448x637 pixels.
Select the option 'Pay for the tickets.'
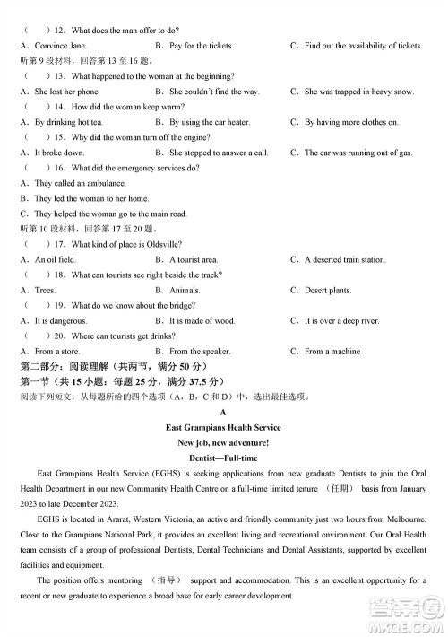pyautogui.click(x=201, y=45)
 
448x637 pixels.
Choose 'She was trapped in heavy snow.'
pyautogui.click(x=358, y=92)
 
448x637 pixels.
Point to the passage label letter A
pyautogui.click(x=223, y=413)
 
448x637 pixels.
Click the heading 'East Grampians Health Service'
pyautogui.click(x=223, y=428)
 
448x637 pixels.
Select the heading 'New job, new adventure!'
pyautogui.click(x=223, y=443)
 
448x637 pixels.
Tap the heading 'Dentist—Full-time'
pyautogui.click(x=223, y=458)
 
